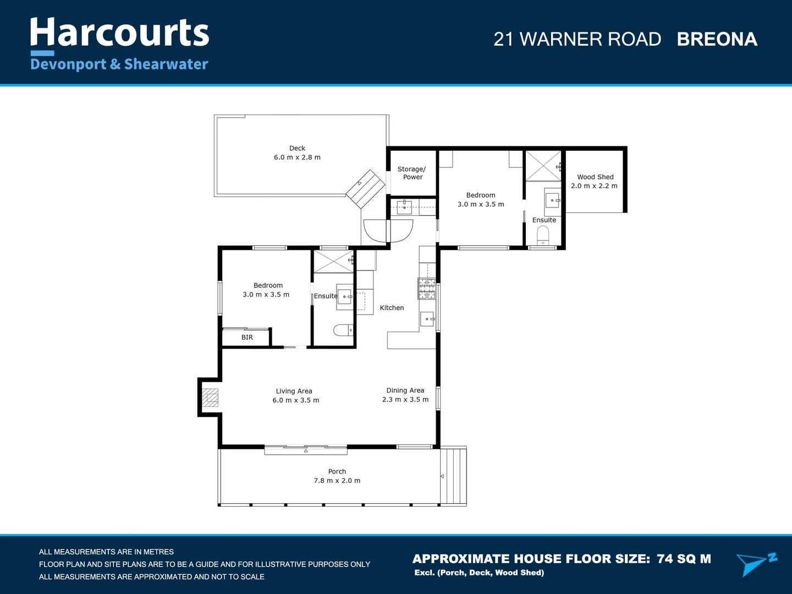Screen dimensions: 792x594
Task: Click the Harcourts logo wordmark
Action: pyautogui.click(x=119, y=32)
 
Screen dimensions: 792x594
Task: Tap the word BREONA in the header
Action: pyautogui.click(x=717, y=39)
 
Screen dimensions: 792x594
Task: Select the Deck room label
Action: pyautogui.click(x=298, y=148)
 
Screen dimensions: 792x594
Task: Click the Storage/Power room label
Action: pyautogui.click(x=412, y=173)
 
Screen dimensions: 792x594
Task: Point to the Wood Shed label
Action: pyautogui.click(x=595, y=177)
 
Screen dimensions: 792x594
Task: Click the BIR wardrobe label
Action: pyautogui.click(x=247, y=337)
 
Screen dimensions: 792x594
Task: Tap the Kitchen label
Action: pyautogui.click(x=392, y=307)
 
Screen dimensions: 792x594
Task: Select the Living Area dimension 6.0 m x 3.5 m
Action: pyautogui.click(x=296, y=400)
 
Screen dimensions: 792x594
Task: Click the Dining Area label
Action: pyautogui.click(x=405, y=391)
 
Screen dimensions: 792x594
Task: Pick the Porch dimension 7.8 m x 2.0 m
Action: pyautogui.click(x=337, y=480)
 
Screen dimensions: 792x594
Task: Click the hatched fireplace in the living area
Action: pyautogui.click(x=210, y=398)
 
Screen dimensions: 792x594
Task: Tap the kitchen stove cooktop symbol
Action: pyautogui.click(x=427, y=289)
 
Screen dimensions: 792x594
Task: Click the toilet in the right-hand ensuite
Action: pyautogui.click(x=543, y=235)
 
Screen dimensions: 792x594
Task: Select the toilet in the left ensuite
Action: pyautogui.click(x=343, y=330)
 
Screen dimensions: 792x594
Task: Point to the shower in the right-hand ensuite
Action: pyautogui.click(x=543, y=166)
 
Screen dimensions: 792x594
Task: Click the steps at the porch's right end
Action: pyautogui.click(x=454, y=476)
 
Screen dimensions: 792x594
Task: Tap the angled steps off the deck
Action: pyautogui.click(x=366, y=189)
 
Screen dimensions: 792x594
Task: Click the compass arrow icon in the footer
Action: pyautogui.click(x=756, y=564)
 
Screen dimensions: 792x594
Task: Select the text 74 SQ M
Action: pyautogui.click(x=684, y=559)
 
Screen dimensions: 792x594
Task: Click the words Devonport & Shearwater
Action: pyautogui.click(x=119, y=64)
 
